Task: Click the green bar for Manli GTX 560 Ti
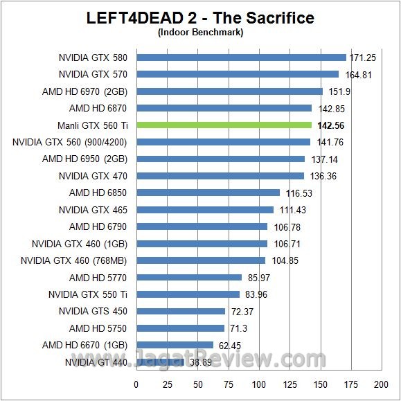[224, 125]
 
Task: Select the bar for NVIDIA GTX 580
[242, 57]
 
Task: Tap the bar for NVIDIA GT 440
[160, 362]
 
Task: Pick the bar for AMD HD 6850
[208, 193]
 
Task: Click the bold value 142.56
[330, 126]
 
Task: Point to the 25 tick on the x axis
[167, 384]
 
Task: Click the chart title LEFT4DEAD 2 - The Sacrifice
[200, 18]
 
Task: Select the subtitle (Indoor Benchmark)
[200, 32]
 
